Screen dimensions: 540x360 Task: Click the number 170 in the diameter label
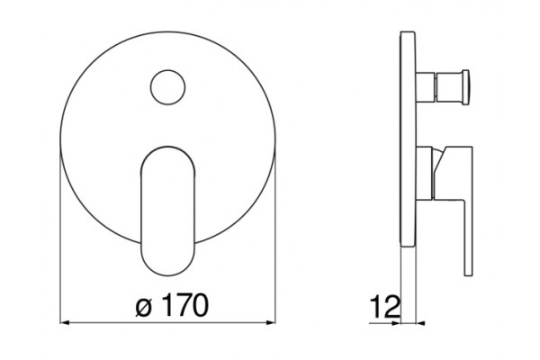[185, 305]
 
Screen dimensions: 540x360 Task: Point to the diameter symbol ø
[144, 308]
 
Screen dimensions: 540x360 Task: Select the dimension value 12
[385, 307]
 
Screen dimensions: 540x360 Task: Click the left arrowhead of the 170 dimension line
[65, 322]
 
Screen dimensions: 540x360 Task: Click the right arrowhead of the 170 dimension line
[271, 322]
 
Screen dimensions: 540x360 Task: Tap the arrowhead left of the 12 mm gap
[396, 323]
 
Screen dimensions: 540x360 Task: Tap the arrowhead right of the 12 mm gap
[420, 323]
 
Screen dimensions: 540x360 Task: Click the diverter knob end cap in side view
[465, 86]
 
